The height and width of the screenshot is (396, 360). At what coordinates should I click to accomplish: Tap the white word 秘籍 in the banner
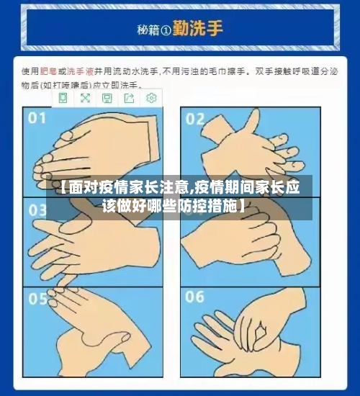tap(148, 30)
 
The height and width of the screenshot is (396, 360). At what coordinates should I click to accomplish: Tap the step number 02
tap(195, 119)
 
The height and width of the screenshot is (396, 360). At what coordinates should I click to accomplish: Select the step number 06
tap(195, 297)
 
